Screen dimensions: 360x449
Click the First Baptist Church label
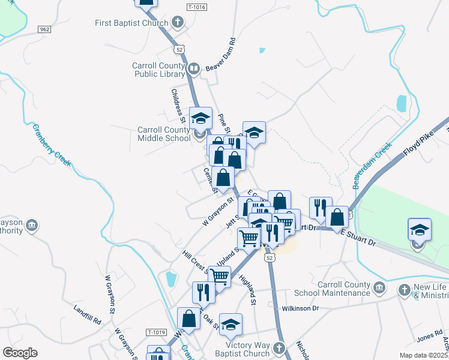tap(133, 23)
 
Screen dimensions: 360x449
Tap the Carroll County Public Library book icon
tap(194, 69)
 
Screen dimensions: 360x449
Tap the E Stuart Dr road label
tap(358, 238)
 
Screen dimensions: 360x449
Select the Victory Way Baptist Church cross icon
tap(279, 348)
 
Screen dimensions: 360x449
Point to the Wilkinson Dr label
tap(301, 308)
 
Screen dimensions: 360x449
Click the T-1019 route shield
tap(155, 331)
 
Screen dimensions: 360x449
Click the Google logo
tap(20, 353)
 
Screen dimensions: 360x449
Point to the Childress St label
tap(178, 103)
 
